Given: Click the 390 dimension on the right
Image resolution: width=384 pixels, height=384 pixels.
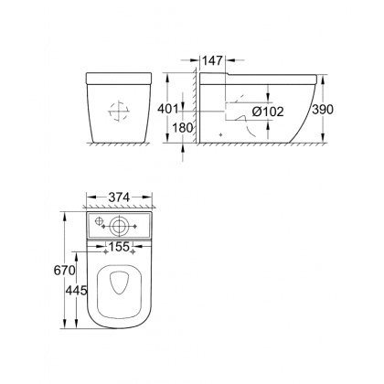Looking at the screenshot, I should point(345,110).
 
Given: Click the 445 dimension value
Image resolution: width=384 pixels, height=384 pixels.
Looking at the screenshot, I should point(74,290).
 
